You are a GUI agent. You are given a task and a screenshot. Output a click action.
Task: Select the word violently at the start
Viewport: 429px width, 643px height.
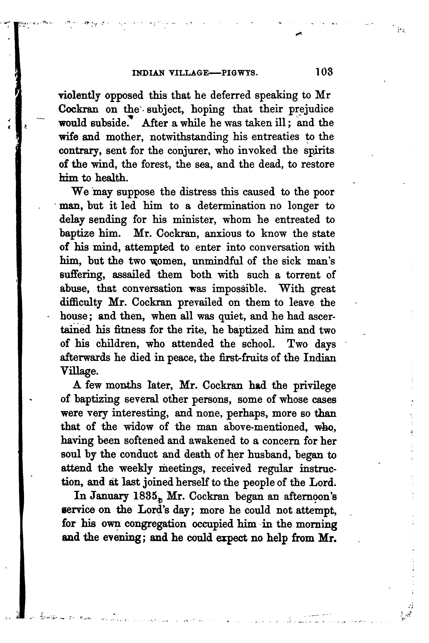(79, 96)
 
